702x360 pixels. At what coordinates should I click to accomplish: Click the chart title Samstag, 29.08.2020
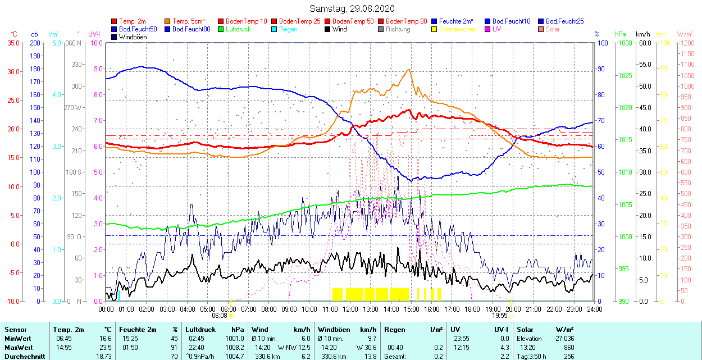[x=352, y=8]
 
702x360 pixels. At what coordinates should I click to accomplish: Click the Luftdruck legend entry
[x=238, y=29]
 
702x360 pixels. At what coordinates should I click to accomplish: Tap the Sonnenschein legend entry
[x=458, y=29]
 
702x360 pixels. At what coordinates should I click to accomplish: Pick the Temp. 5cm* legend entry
[x=188, y=21]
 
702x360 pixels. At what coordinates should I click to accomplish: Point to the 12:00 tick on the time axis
[x=350, y=309]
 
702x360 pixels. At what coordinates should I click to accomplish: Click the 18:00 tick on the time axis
[x=472, y=309]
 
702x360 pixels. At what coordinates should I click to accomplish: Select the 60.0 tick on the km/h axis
[x=643, y=43]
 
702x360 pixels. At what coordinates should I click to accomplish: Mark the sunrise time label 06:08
[x=220, y=316]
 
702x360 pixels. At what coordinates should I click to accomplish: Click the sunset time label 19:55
[x=500, y=316]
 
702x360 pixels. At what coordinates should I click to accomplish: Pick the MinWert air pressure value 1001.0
[x=234, y=339]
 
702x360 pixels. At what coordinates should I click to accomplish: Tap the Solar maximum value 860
[x=568, y=347]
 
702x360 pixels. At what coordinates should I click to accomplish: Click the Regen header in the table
[x=393, y=330]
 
